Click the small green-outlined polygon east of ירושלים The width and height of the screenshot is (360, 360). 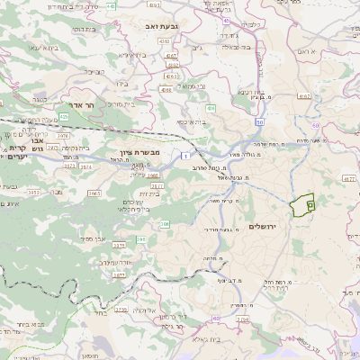(x=303, y=205)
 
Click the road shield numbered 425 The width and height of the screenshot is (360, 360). (x=64, y=116)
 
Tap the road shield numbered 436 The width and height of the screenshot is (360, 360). (x=211, y=107)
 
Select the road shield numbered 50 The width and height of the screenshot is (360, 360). (x=259, y=121)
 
